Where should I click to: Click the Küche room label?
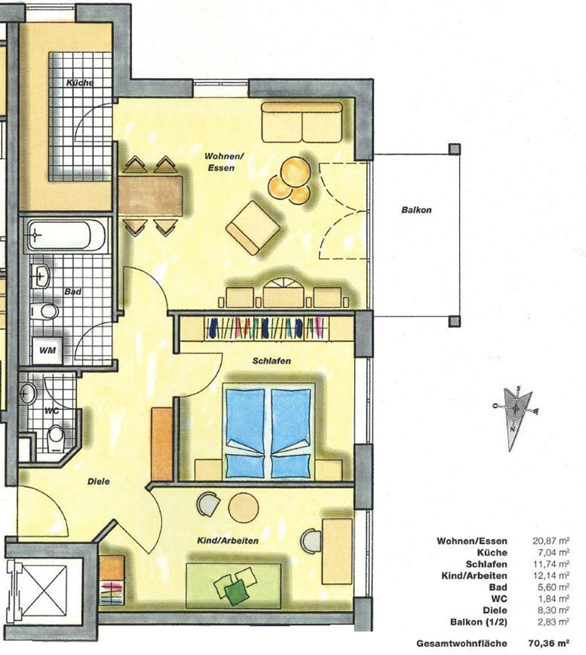tap(80, 82)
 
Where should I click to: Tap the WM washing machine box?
tap(47, 350)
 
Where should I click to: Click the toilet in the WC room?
tap(56, 438)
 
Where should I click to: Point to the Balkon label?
tap(416, 210)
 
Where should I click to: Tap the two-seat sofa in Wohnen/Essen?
tap(302, 122)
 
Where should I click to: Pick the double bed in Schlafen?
tap(268, 432)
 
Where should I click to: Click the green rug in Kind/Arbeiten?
tap(233, 585)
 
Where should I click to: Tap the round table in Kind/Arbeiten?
tap(244, 507)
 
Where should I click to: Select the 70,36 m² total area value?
tap(549, 643)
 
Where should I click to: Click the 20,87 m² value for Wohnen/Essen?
tap(551, 540)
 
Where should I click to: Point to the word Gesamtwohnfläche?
tap(462, 644)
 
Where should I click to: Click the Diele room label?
tap(98, 481)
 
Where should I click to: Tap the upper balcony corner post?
tap(454, 149)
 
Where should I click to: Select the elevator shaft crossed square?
tap(43, 589)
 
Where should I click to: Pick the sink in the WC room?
tap(28, 393)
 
